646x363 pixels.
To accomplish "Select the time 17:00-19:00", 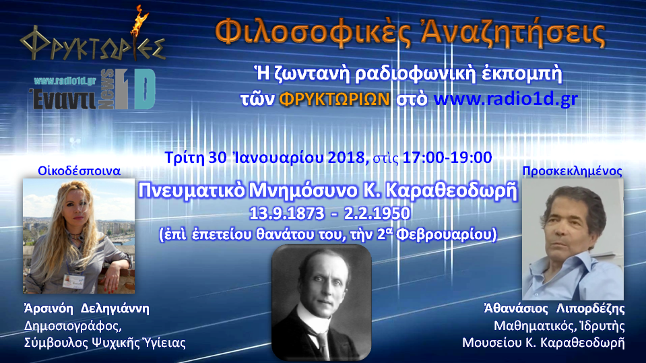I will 447,158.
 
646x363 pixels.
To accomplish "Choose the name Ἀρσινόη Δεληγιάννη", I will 85,309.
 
